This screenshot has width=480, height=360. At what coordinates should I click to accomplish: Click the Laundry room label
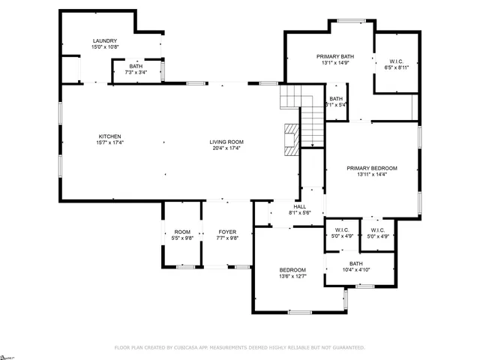point(106,40)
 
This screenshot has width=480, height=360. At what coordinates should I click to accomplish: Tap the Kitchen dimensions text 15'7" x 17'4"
point(109,142)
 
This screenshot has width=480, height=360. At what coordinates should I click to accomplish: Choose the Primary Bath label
point(334,56)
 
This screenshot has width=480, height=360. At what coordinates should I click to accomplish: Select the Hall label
point(300,206)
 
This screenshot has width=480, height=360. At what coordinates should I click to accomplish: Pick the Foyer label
point(227,232)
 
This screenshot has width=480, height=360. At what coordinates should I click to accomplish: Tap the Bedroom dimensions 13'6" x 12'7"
point(292,277)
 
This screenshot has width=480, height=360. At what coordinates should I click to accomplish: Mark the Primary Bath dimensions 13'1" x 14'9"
point(334,63)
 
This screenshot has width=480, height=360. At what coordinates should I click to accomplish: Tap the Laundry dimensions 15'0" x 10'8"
point(106,47)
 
